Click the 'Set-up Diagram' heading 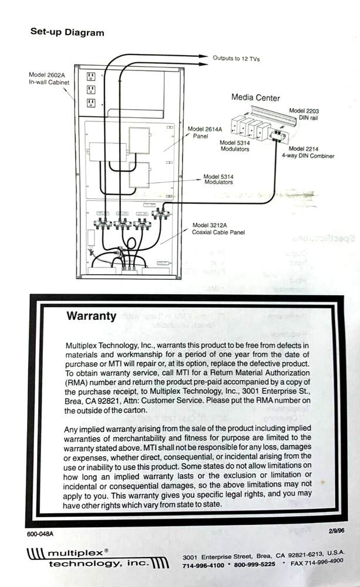[x=67, y=32]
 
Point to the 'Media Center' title [x=255, y=97]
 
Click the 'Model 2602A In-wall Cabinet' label [x=49, y=79]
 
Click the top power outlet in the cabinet [x=91, y=76]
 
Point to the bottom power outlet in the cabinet [x=91, y=103]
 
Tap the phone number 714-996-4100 [x=203, y=565]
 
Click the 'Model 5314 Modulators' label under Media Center [x=234, y=146]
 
